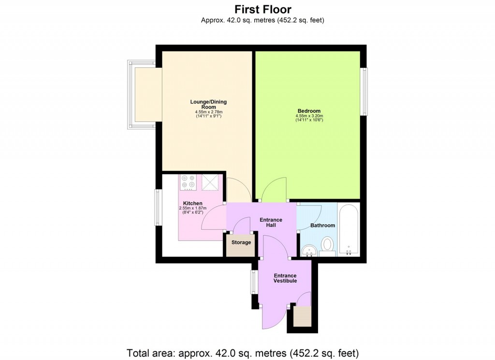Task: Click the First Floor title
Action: click(263, 9)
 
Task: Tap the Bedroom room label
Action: click(308, 111)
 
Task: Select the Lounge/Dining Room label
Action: click(208, 104)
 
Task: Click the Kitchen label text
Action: click(192, 203)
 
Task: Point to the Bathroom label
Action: click(322, 225)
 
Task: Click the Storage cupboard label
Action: click(241, 242)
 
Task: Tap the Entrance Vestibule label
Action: click(285, 278)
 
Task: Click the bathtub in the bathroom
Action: click(349, 230)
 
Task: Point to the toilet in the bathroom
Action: click(328, 245)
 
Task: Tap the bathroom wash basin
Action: click(308, 250)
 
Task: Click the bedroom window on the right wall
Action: click(364, 91)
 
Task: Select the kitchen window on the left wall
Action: click(158, 207)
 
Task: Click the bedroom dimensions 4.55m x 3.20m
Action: click(309, 116)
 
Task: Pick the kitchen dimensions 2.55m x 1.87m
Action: click(192, 209)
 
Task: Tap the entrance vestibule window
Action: click(253, 282)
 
